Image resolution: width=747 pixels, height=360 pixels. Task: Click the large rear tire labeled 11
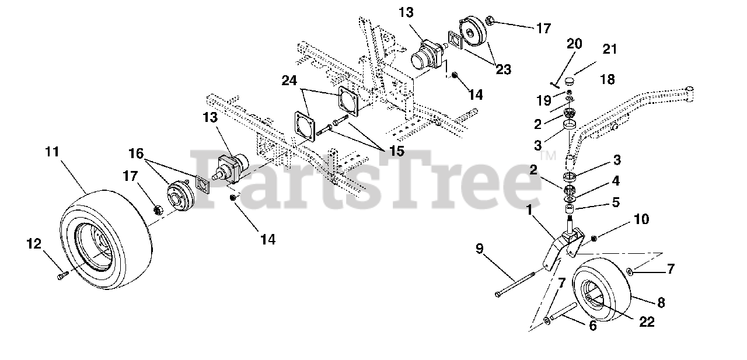pos(105,239)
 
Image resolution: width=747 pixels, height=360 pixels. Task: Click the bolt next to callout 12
pos(62,275)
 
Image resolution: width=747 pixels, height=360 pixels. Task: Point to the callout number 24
pos(289,80)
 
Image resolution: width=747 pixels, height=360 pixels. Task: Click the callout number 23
pos(503,70)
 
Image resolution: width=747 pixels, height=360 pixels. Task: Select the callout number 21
pos(609,50)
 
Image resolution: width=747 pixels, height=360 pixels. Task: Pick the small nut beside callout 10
pos(594,237)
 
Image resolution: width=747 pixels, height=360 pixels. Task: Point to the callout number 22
pos(646,321)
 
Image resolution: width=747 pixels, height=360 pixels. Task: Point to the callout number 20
pos(574,44)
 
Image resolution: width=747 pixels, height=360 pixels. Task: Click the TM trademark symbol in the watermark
pos(548,156)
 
